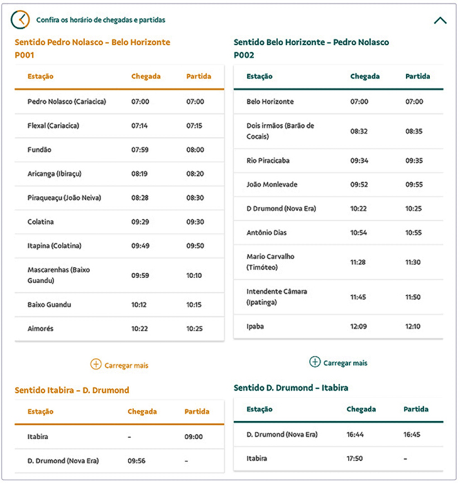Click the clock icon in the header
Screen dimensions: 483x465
[x=20, y=19]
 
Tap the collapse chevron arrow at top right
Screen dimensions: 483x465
[x=440, y=20]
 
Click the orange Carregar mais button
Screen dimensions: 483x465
[x=119, y=364]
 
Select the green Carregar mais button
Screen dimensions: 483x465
[x=338, y=363]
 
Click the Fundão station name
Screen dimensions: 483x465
[x=40, y=150]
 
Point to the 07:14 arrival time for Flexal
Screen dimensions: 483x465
[x=139, y=125]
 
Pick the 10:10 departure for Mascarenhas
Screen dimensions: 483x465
[x=195, y=275]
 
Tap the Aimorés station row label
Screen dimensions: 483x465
[x=41, y=329]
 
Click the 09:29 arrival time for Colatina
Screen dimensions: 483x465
[x=140, y=222]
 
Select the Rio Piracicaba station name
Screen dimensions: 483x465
[x=268, y=161]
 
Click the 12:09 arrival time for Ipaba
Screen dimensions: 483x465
[x=359, y=326]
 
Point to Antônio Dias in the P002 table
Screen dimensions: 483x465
[x=266, y=233]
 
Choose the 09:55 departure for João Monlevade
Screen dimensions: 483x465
[x=414, y=184]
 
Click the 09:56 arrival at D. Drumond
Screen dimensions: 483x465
[x=136, y=460]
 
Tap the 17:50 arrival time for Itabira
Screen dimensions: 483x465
[x=355, y=459]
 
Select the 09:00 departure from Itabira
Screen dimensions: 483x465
[x=194, y=437]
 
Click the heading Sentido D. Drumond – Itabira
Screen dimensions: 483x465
[x=291, y=388]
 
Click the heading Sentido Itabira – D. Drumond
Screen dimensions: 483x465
[x=72, y=390]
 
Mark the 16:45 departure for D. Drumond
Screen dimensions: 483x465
[x=412, y=434]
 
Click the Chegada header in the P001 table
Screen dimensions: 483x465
[x=146, y=77]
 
